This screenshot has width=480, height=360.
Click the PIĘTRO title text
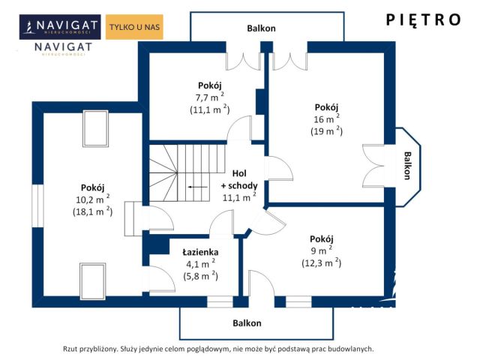point(423,20)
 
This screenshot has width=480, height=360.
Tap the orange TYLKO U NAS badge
point(134,27)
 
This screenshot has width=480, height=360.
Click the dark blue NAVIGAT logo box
point(60,27)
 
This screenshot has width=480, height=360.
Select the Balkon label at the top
point(261,28)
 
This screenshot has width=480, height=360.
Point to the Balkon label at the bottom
point(247,323)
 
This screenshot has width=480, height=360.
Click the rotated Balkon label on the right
point(407,166)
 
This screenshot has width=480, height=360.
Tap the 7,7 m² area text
point(210,97)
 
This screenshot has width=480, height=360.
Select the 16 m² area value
point(326,118)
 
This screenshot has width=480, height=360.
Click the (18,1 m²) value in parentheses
point(92,211)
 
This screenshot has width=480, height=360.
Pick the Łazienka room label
point(200,252)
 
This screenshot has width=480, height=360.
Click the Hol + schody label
point(239,179)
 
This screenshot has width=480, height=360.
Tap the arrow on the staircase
point(198,187)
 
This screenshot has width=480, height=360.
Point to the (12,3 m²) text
point(322,262)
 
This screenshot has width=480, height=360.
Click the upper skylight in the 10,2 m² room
point(95,128)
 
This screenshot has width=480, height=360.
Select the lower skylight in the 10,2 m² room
point(93,281)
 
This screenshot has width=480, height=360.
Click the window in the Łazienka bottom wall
point(220,301)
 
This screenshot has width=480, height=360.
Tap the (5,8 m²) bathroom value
point(200,276)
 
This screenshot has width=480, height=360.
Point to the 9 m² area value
point(322,250)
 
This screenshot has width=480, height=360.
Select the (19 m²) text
point(326,131)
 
